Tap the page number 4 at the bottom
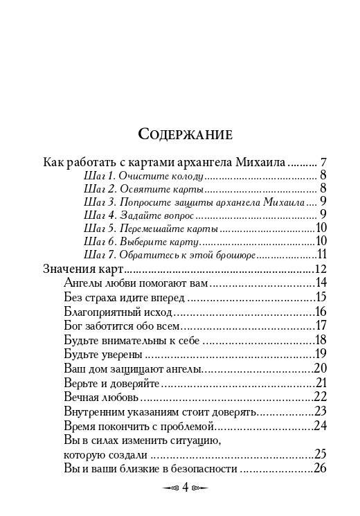tap(185, 487)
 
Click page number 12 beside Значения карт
tap(320, 269)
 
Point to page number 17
tap(320, 326)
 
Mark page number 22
tap(320, 397)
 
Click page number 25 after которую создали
tap(320, 454)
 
